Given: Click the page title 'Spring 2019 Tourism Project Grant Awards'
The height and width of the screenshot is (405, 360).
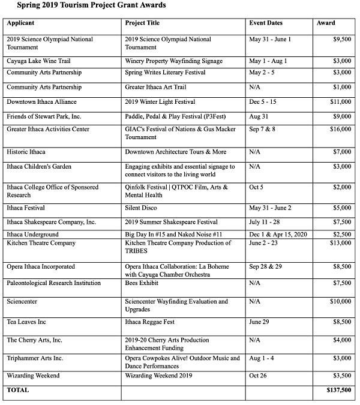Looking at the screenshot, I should point(83,5).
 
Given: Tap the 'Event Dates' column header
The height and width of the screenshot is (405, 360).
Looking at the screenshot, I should point(265,23).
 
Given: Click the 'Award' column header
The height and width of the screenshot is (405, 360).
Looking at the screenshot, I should point(326,23).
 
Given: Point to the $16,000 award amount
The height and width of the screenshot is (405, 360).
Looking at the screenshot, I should point(339,129).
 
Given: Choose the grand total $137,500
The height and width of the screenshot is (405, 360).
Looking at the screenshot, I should point(337,390).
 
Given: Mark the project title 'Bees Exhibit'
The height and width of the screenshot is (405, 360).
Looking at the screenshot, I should point(142,283).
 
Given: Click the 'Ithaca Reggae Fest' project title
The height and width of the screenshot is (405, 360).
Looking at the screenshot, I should point(150,322).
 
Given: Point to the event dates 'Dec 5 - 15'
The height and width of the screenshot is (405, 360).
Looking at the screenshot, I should point(264,102).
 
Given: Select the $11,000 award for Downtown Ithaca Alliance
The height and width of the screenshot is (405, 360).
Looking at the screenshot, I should point(339,102).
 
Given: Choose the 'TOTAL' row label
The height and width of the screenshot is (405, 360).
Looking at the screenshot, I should point(17,390).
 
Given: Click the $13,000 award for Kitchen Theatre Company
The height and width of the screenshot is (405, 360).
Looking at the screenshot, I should point(339,243).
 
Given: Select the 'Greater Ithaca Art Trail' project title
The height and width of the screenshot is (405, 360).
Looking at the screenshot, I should point(158,87).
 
